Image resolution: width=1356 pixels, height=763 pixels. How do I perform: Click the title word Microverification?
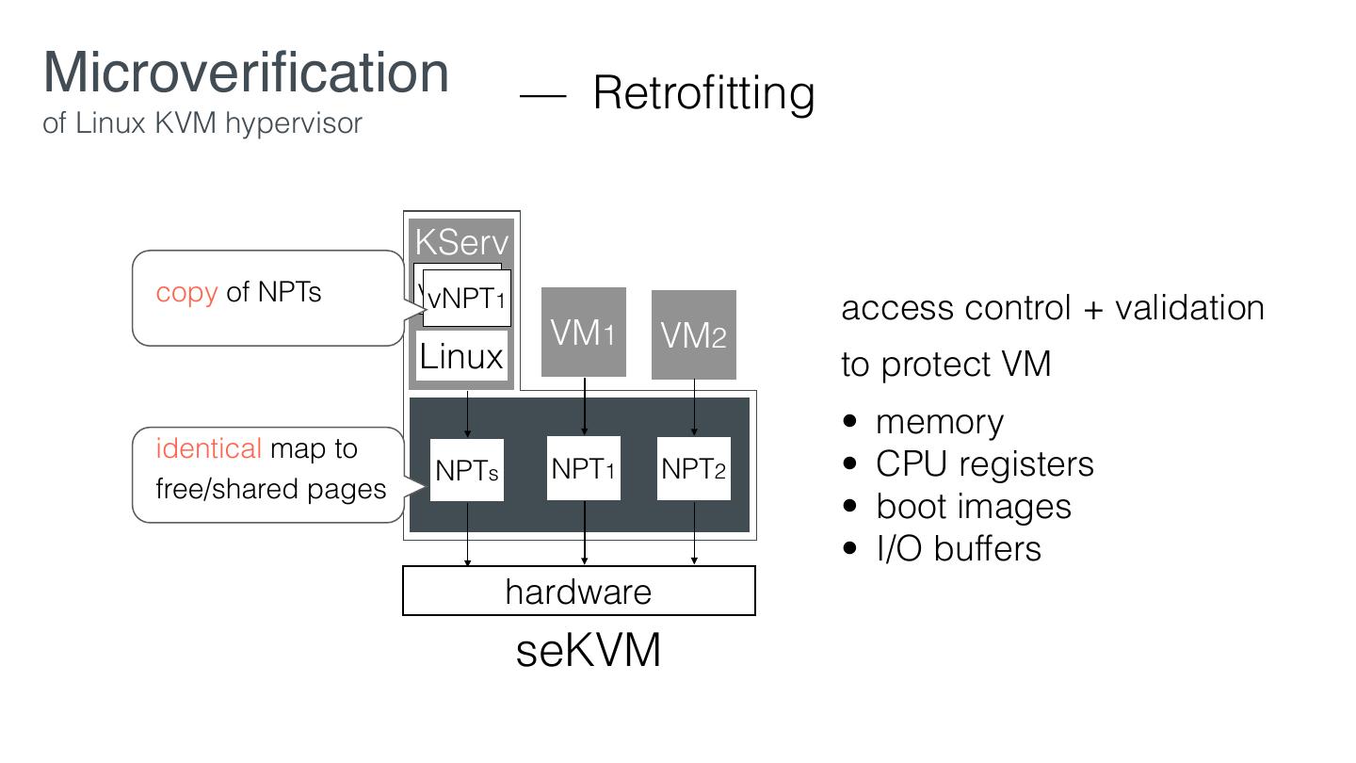click(246, 73)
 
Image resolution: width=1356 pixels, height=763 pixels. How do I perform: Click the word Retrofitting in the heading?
click(703, 93)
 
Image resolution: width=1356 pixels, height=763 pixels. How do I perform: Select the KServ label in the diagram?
click(461, 242)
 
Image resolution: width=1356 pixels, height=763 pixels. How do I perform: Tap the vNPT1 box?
click(467, 299)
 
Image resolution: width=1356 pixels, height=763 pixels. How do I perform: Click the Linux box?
click(461, 356)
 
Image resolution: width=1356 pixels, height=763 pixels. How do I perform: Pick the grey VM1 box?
click(584, 333)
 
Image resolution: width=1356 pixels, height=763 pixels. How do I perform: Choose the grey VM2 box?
click(694, 335)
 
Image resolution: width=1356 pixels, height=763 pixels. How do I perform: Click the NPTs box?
click(467, 470)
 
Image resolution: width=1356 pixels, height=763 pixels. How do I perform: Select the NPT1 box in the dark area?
click(584, 468)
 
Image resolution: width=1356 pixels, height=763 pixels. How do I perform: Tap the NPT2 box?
click(694, 468)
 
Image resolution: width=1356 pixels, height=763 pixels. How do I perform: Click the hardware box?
click(578, 592)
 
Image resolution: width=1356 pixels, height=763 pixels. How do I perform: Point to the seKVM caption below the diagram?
click(588, 650)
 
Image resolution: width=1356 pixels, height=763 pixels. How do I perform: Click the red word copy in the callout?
click(186, 293)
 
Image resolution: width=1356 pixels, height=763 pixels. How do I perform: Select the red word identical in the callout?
click(208, 448)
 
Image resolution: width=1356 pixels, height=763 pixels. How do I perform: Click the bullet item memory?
click(939, 422)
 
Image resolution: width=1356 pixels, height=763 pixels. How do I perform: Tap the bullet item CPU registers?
click(984, 464)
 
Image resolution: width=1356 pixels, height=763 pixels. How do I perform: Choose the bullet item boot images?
click(973, 507)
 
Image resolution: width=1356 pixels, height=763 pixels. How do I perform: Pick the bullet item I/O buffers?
click(958, 549)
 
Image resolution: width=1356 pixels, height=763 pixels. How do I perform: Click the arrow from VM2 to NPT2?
click(694, 408)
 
